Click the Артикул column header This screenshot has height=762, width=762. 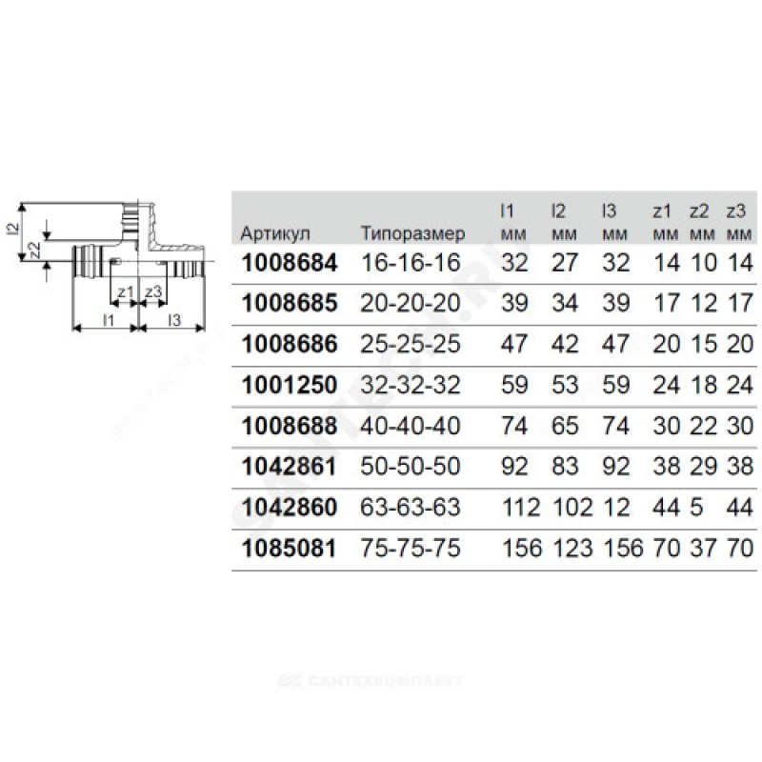pos(275,234)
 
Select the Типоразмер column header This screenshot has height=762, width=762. pos(412,234)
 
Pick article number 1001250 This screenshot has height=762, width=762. pos(290,385)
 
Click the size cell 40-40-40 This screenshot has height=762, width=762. pos(410,426)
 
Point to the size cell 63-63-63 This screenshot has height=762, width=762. pos(410,508)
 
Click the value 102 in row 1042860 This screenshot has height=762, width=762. pos(566,508)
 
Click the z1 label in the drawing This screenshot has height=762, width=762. pos(125,291)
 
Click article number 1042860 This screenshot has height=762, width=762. pos(290,508)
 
